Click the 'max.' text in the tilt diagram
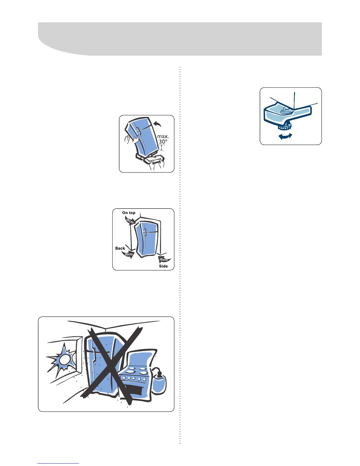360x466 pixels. (x=163, y=137)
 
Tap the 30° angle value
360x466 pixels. (x=163, y=142)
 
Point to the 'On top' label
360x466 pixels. (x=129, y=213)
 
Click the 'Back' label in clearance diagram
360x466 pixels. (x=120, y=248)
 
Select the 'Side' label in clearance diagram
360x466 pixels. (x=164, y=266)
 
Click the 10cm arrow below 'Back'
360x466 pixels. (x=128, y=254)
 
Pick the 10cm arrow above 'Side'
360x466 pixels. (x=164, y=259)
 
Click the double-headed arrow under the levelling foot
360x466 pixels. (x=285, y=136)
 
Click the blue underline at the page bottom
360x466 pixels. (x=58, y=464)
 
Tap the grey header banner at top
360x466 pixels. (x=180, y=38)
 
